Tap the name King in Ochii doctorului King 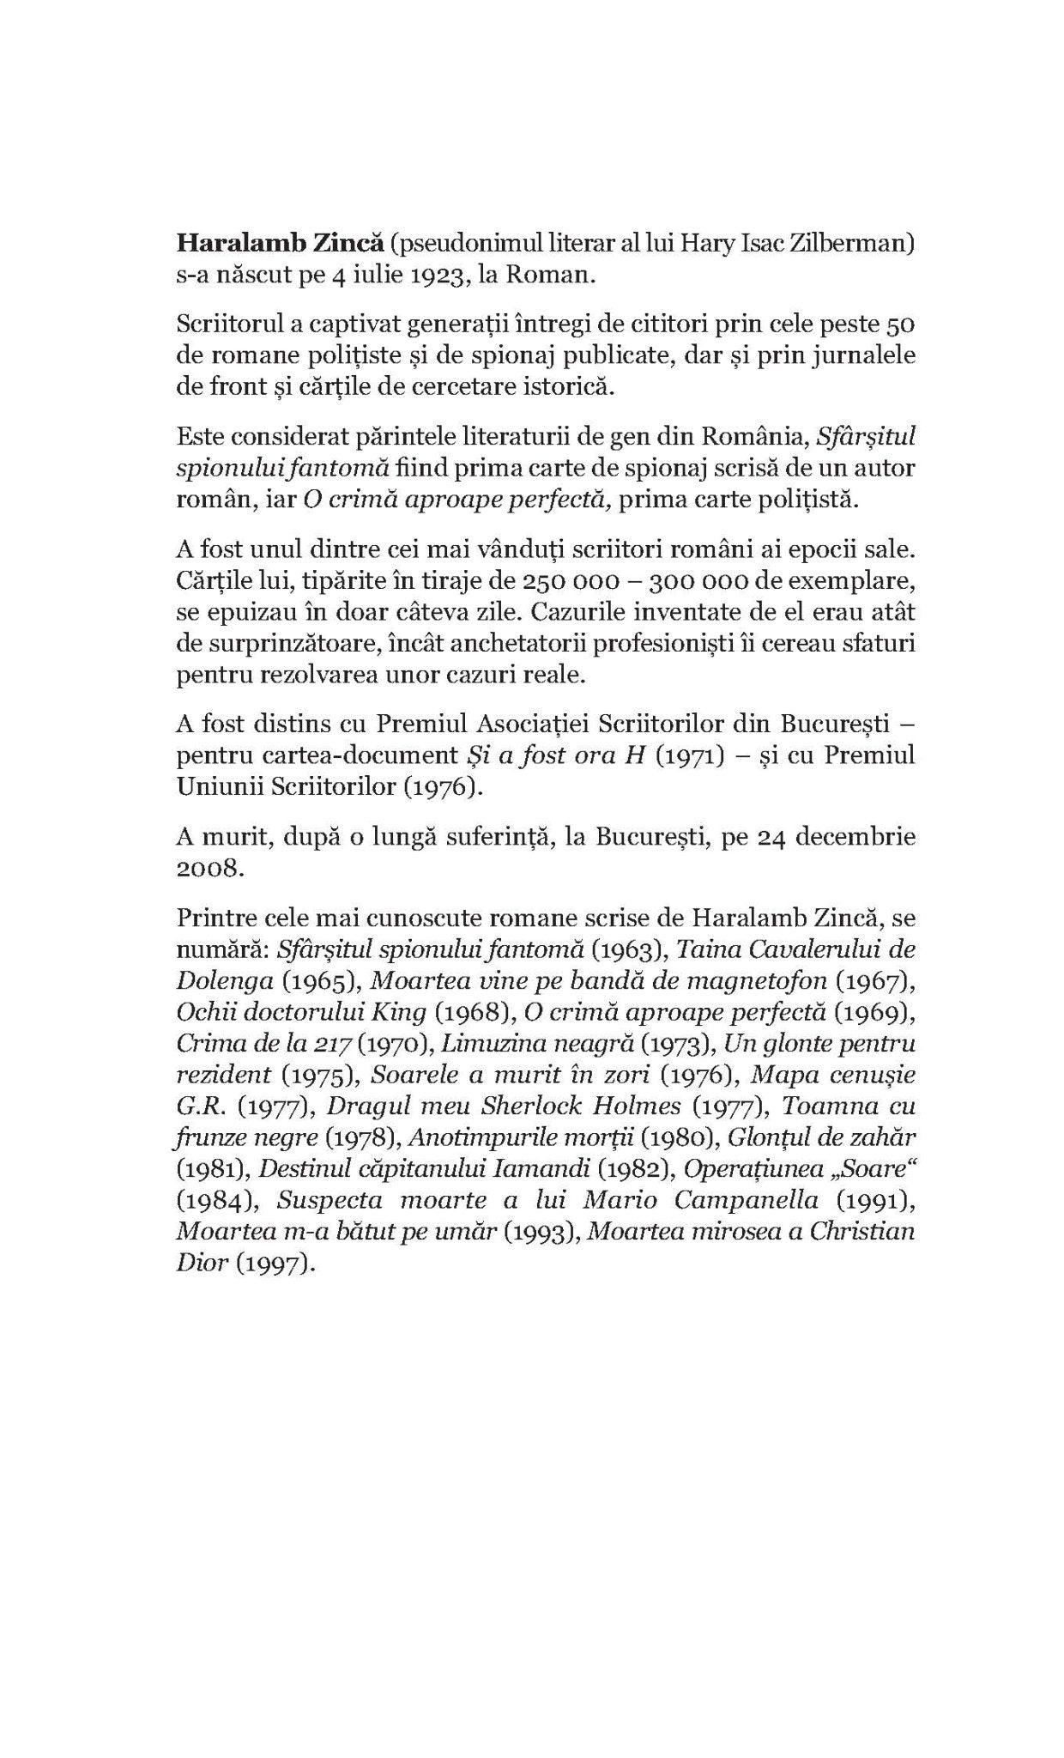click(x=399, y=1012)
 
